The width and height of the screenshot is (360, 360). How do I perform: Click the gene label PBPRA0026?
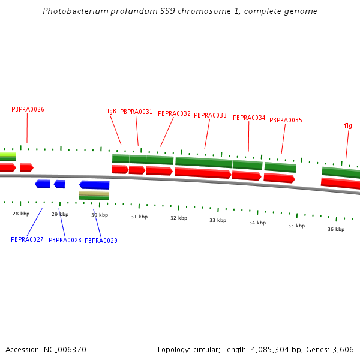click(28, 109)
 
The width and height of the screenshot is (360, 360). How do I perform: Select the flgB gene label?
click(110, 111)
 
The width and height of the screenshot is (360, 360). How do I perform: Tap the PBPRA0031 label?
click(136, 112)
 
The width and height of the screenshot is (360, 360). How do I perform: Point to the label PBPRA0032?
click(174, 113)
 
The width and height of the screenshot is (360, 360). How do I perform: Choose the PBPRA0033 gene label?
click(210, 115)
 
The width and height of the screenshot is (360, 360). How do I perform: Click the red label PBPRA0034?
click(249, 118)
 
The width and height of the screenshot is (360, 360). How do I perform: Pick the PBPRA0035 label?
click(286, 120)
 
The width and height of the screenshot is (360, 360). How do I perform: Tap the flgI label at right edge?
click(349, 125)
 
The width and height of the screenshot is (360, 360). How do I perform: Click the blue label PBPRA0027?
click(27, 239)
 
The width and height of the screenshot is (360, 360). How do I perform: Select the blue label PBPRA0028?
click(65, 240)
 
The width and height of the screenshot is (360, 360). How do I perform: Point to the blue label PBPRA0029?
click(101, 241)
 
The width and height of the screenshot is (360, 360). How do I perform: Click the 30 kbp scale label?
click(100, 215)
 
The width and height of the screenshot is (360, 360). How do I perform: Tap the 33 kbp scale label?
click(218, 220)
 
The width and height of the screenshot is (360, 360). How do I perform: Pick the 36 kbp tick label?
click(336, 229)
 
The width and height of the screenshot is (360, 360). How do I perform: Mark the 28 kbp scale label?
click(21, 214)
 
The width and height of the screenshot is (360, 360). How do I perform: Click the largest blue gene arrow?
click(94, 185)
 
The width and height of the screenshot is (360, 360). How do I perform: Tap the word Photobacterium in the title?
click(71, 11)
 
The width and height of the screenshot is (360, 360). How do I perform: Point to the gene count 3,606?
click(341, 349)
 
